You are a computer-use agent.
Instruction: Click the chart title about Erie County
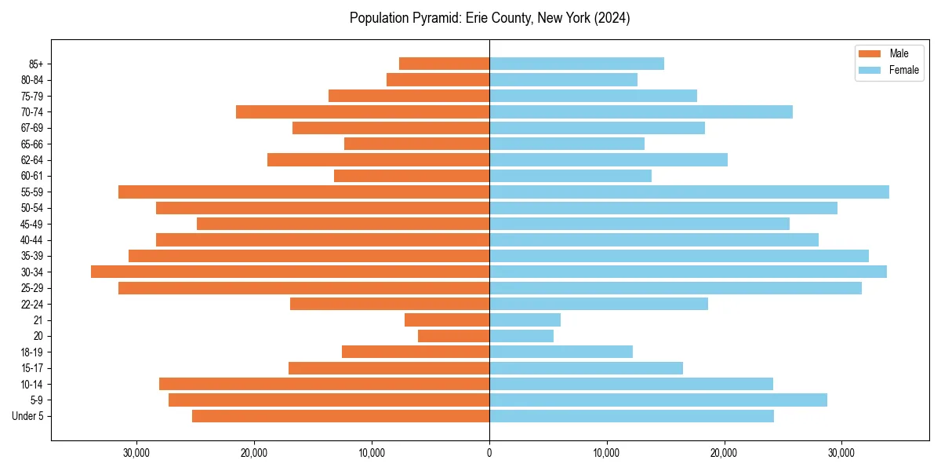pyautogui.click(x=489, y=18)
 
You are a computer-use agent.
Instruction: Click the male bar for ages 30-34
pyautogui.click(x=290, y=272)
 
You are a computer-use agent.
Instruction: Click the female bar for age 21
pyautogui.click(x=525, y=319)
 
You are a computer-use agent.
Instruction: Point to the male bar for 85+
pyautogui.click(x=444, y=64)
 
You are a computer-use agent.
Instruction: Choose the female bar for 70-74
pyautogui.click(x=641, y=111)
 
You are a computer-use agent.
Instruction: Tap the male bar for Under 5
pyautogui.click(x=340, y=416)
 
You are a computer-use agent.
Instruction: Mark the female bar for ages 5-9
pyautogui.click(x=658, y=400)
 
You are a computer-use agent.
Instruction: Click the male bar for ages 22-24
pyautogui.click(x=390, y=304)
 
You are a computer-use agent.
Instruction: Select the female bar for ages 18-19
pyautogui.click(x=561, y=352)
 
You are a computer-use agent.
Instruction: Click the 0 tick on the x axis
pyautogui.click(x=489, y=453)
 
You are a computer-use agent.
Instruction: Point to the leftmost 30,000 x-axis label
pyautogui.click(x=136, y=453)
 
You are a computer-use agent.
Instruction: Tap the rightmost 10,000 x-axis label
pyautogui.click(x=606, y=453)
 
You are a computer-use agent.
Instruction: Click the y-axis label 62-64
pyautogui.click(x=32, y=160)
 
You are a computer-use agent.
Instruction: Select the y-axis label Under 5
pyautogui.click(x=28, y=416)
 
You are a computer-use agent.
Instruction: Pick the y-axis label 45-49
pyautogui.click(x=32, y=224)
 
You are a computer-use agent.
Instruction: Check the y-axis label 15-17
pyautogui.click(x=32, y=368)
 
